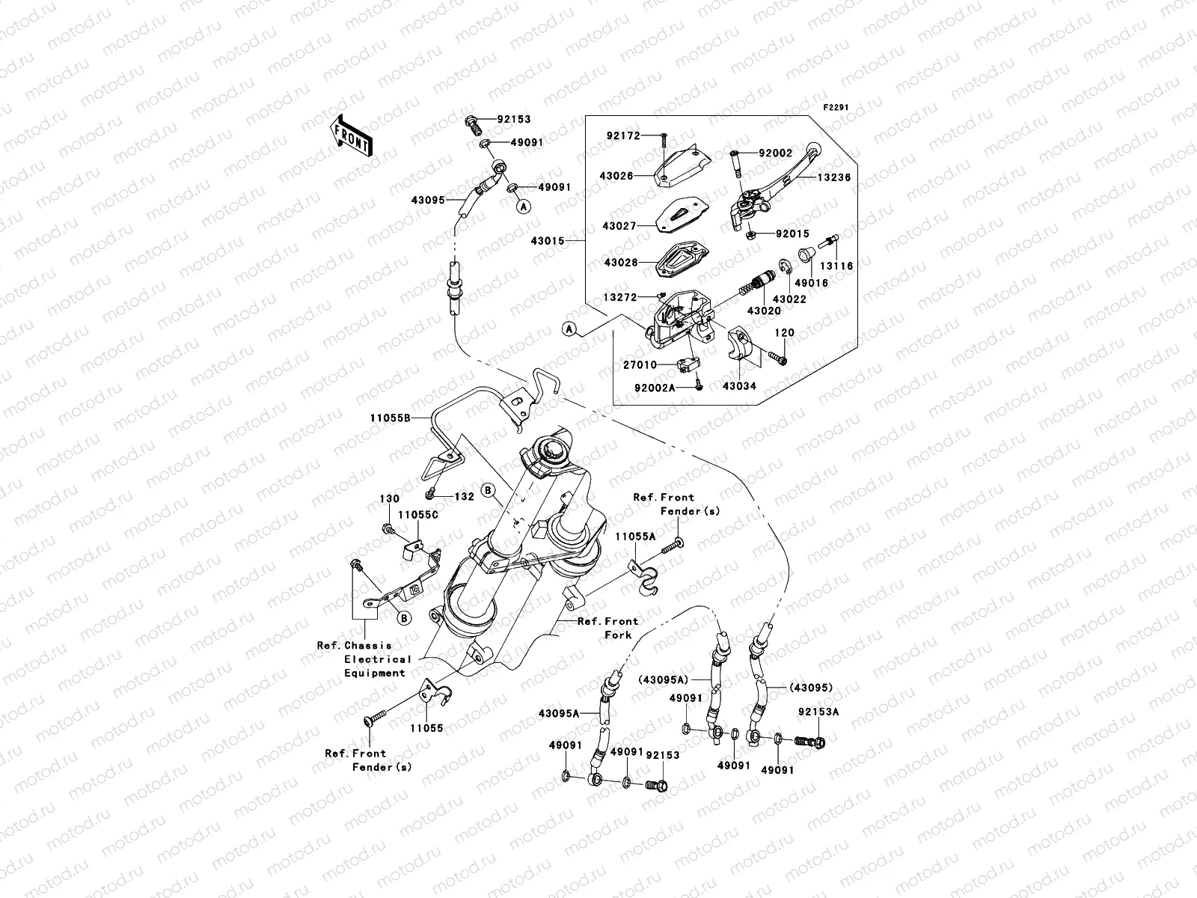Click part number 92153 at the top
point(515,120)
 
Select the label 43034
point(739,386)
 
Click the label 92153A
point(818,712)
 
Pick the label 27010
point(640,364)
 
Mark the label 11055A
point(635,537)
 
